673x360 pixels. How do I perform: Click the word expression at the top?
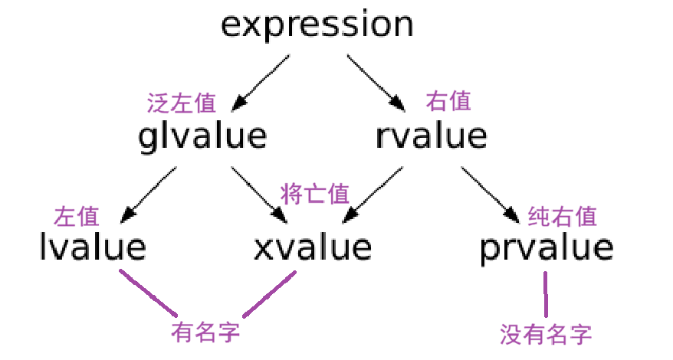coord(317,25)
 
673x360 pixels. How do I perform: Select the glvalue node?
coord(202,136)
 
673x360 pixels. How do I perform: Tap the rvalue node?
coord(432,136)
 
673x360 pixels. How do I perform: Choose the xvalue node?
coord(313,247)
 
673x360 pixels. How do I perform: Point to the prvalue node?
coord(547,247)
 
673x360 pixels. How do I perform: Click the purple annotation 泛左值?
coord(181,102)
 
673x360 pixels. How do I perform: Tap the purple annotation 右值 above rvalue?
coord(448,100)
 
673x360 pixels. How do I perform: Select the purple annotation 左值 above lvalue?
coord(77,216)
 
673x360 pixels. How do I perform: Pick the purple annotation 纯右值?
coord(562,217)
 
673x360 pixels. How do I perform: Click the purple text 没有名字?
coord(546,334)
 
